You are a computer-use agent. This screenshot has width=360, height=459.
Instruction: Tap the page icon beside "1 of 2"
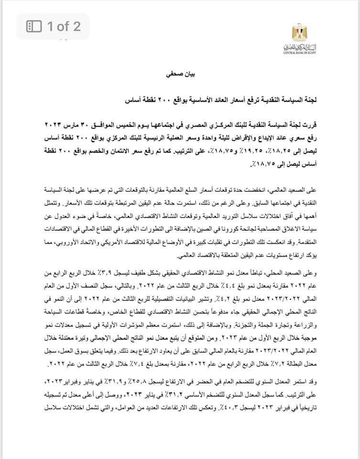coord(35,26)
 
